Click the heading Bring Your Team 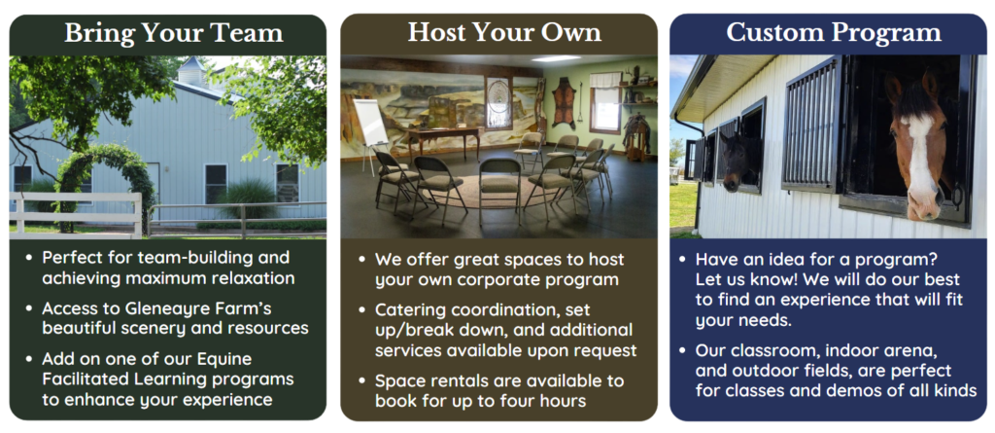pos(173,33)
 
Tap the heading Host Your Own pos(504,32)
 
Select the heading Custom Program pos(834,33)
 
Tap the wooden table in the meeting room pos(443,141)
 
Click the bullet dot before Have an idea pos(682,261)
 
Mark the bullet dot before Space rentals pos(361,381)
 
